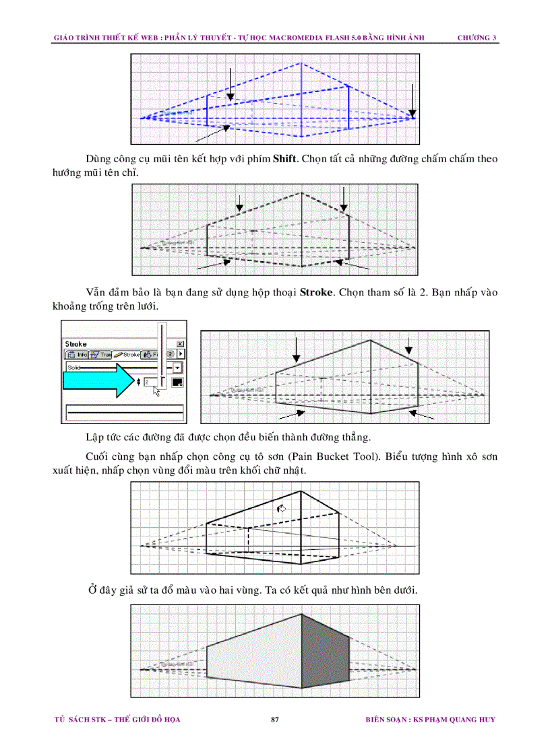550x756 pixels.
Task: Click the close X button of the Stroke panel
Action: pos(180,343)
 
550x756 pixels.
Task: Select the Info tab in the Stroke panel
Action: pos(78,354)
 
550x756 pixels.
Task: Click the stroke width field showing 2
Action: pos(152,382)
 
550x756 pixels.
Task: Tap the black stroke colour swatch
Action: pos(177,382)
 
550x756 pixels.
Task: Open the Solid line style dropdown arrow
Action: pos(178,368)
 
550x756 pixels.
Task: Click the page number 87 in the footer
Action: pos(274,720)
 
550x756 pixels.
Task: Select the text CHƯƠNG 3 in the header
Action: pos(477,38)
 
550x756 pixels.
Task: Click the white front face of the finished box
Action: pos(253,663)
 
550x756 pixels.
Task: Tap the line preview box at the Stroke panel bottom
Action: pos(124,410)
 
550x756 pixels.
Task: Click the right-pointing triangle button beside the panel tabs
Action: pos(181,354)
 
